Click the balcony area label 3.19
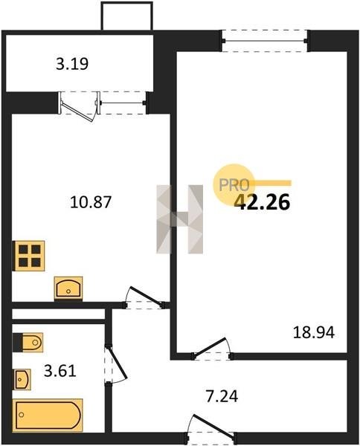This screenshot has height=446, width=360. [x=72, y=64]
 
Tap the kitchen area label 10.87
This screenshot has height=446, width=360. [x=91, y=202]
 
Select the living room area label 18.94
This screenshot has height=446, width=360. [x=314, y=332]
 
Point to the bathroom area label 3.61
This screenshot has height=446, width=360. [x=60, y=371]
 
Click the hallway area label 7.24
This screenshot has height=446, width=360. [x=222, y=396]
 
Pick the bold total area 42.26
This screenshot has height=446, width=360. [x=262, y=202]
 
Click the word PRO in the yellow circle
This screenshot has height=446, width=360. [x=234, y=185]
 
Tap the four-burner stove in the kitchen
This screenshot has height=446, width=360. [x=29, y=256]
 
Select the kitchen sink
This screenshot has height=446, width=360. [x=68, y=288]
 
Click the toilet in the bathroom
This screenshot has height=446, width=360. [x=28, y=343]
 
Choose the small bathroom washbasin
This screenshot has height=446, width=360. [x=22, y=379]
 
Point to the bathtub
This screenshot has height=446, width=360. [x=48, y=416]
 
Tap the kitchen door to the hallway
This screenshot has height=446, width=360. [x=144, y=297]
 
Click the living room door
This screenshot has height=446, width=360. [x=212, y=348]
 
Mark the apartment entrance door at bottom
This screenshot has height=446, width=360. [x=210, y=426]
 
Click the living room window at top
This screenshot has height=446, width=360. [x=265, y=41]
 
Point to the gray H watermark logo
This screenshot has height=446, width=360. [x=179, y=219]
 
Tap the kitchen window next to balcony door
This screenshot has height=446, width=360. [x=123, y=103]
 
